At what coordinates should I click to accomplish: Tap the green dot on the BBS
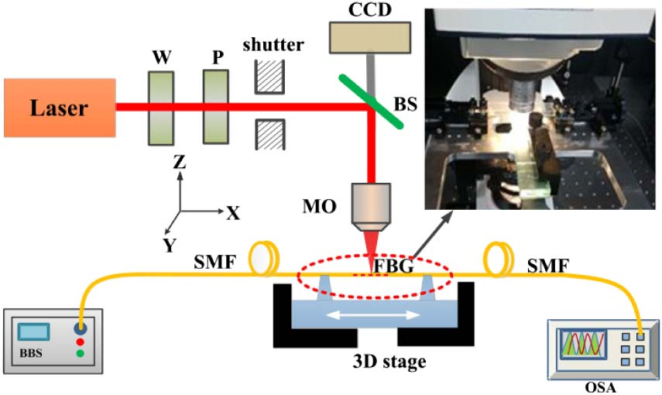(x=79, y=353)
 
